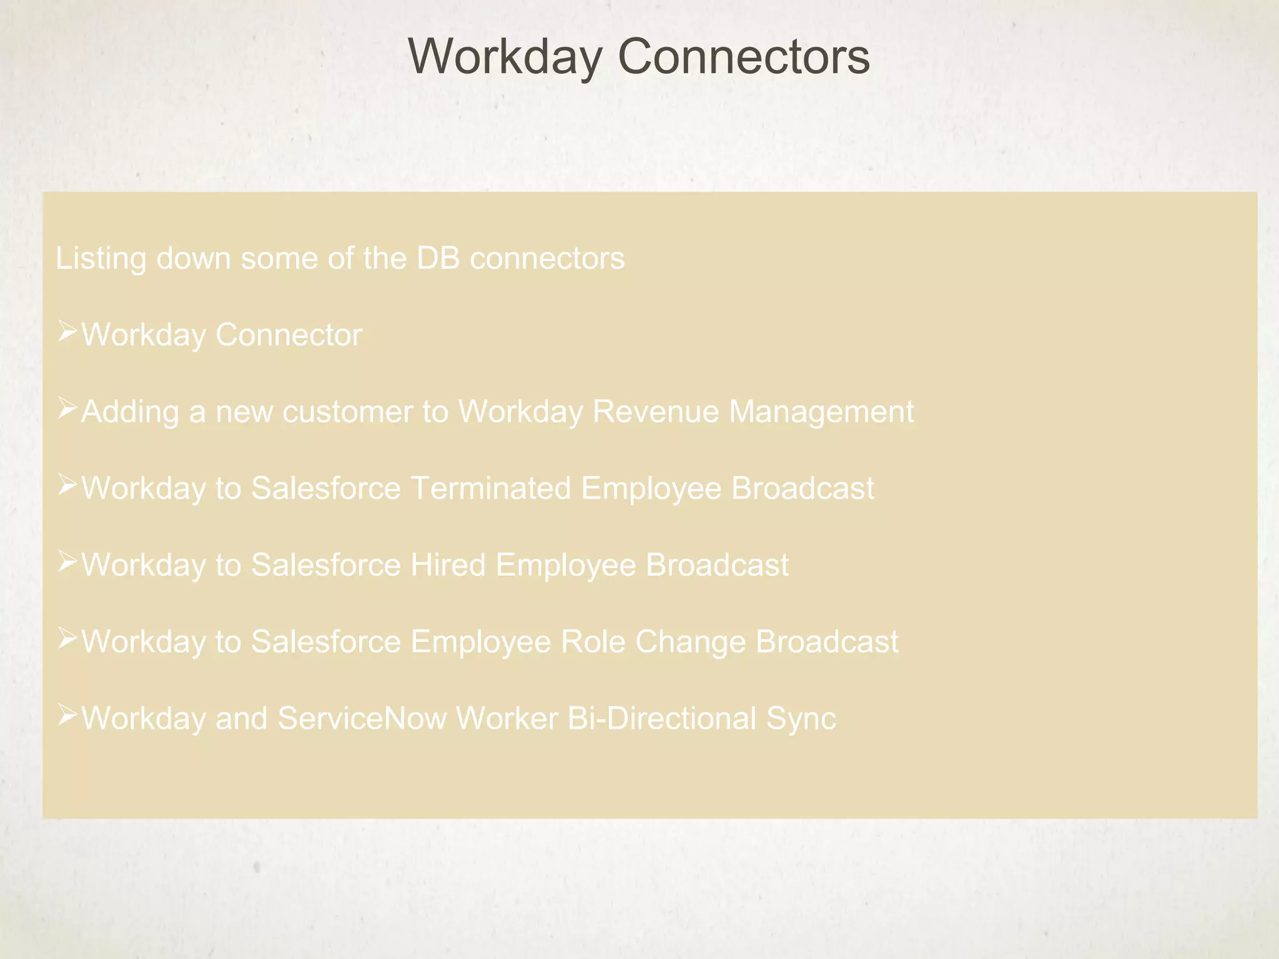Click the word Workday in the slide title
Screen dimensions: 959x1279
pyautogui.click(x=505, y=57)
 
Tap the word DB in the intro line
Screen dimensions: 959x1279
pyautogui.click(x=438, y=258)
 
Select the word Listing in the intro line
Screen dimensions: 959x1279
pyautogui.click(x=101, y=258)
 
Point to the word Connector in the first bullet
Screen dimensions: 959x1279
pyautogui.click(x=289, y=335)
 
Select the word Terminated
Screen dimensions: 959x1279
pyautogui.click(x=491, y=488)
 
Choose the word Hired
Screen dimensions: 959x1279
pyautogui.click(x=448, y=565)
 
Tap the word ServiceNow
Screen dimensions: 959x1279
pyautogui.click(x=362, y=719)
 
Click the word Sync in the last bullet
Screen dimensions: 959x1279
pyautogui.click(x=801, y=719)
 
